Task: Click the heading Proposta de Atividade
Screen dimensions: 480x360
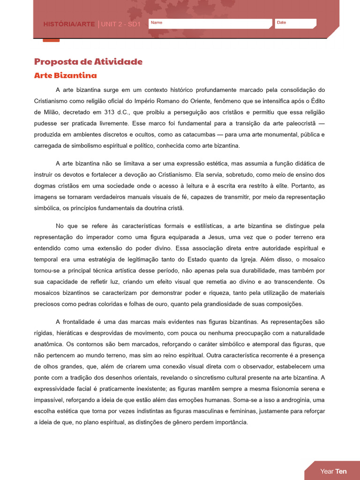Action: point(88,62)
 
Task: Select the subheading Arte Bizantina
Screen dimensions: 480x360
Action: point(66,75)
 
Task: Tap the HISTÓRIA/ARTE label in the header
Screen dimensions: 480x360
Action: point(69,24)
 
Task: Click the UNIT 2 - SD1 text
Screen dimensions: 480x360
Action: point(120,24)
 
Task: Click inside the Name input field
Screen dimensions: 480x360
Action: point(210,24)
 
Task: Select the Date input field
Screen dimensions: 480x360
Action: point(295,24)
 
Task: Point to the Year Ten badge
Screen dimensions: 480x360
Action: point(333,471)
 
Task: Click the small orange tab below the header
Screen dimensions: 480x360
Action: point(51,40)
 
